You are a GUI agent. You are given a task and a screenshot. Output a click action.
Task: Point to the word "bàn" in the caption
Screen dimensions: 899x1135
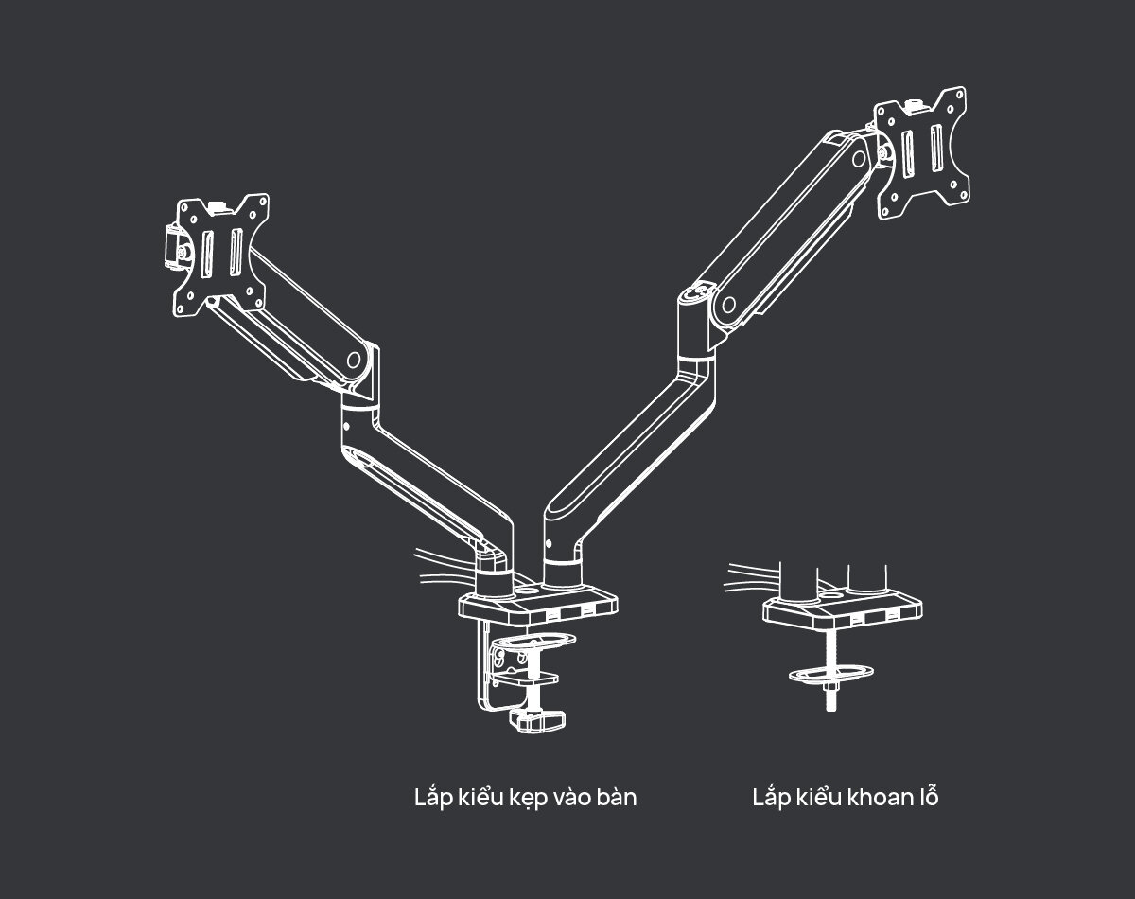[x=617, y=798]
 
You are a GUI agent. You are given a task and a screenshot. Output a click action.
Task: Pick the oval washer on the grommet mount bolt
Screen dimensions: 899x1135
[x=829, y=673]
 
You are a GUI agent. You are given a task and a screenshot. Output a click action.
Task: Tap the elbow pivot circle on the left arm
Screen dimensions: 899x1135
[x=356, y=360]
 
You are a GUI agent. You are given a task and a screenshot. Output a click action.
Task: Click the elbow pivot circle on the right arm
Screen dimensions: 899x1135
[x=728, y=304]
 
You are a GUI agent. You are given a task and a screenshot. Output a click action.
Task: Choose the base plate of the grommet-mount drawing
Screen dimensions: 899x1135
[x=842, y=610]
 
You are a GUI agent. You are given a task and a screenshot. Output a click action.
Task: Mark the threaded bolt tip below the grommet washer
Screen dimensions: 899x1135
[x=830, y=701]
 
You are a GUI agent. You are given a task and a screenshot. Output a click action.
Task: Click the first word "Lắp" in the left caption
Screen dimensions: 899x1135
[x=432, y=798]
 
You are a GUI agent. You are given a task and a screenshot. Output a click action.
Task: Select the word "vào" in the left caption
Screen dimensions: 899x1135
[x=578, y=798]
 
